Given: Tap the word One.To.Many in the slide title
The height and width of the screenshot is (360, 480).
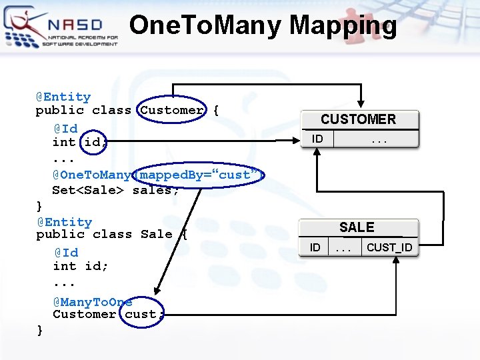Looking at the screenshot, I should pos(206,25).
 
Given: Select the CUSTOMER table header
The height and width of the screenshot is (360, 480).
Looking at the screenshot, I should pos(358,119).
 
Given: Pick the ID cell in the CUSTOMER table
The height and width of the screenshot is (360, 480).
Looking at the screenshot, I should pos(317,139).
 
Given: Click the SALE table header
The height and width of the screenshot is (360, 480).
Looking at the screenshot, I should pos(357,227).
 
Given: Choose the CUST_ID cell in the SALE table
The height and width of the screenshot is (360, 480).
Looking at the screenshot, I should pos(389,247).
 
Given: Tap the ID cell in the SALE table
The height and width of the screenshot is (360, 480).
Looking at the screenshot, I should pos(315,247).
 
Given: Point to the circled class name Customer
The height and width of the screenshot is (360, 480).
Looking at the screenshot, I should pos(173,110).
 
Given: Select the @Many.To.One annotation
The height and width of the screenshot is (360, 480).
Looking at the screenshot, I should pos(93,302).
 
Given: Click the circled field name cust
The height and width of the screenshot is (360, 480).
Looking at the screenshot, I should pos(141,314).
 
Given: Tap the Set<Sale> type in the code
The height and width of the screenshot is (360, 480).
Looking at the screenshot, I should pos(90,190).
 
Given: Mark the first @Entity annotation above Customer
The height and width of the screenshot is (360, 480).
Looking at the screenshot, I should pos(63,97).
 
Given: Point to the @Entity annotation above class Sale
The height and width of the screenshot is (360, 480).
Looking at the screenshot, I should pos(64,222).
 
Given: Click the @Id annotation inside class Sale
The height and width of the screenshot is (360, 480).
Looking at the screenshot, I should pos(66,253).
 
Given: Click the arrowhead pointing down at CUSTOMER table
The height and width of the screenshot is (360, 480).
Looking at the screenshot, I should pos(360,104).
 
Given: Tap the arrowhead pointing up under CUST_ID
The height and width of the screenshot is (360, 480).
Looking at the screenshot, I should pos(397,262).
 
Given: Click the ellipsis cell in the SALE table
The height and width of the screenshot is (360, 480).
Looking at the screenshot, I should pos(343,247).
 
